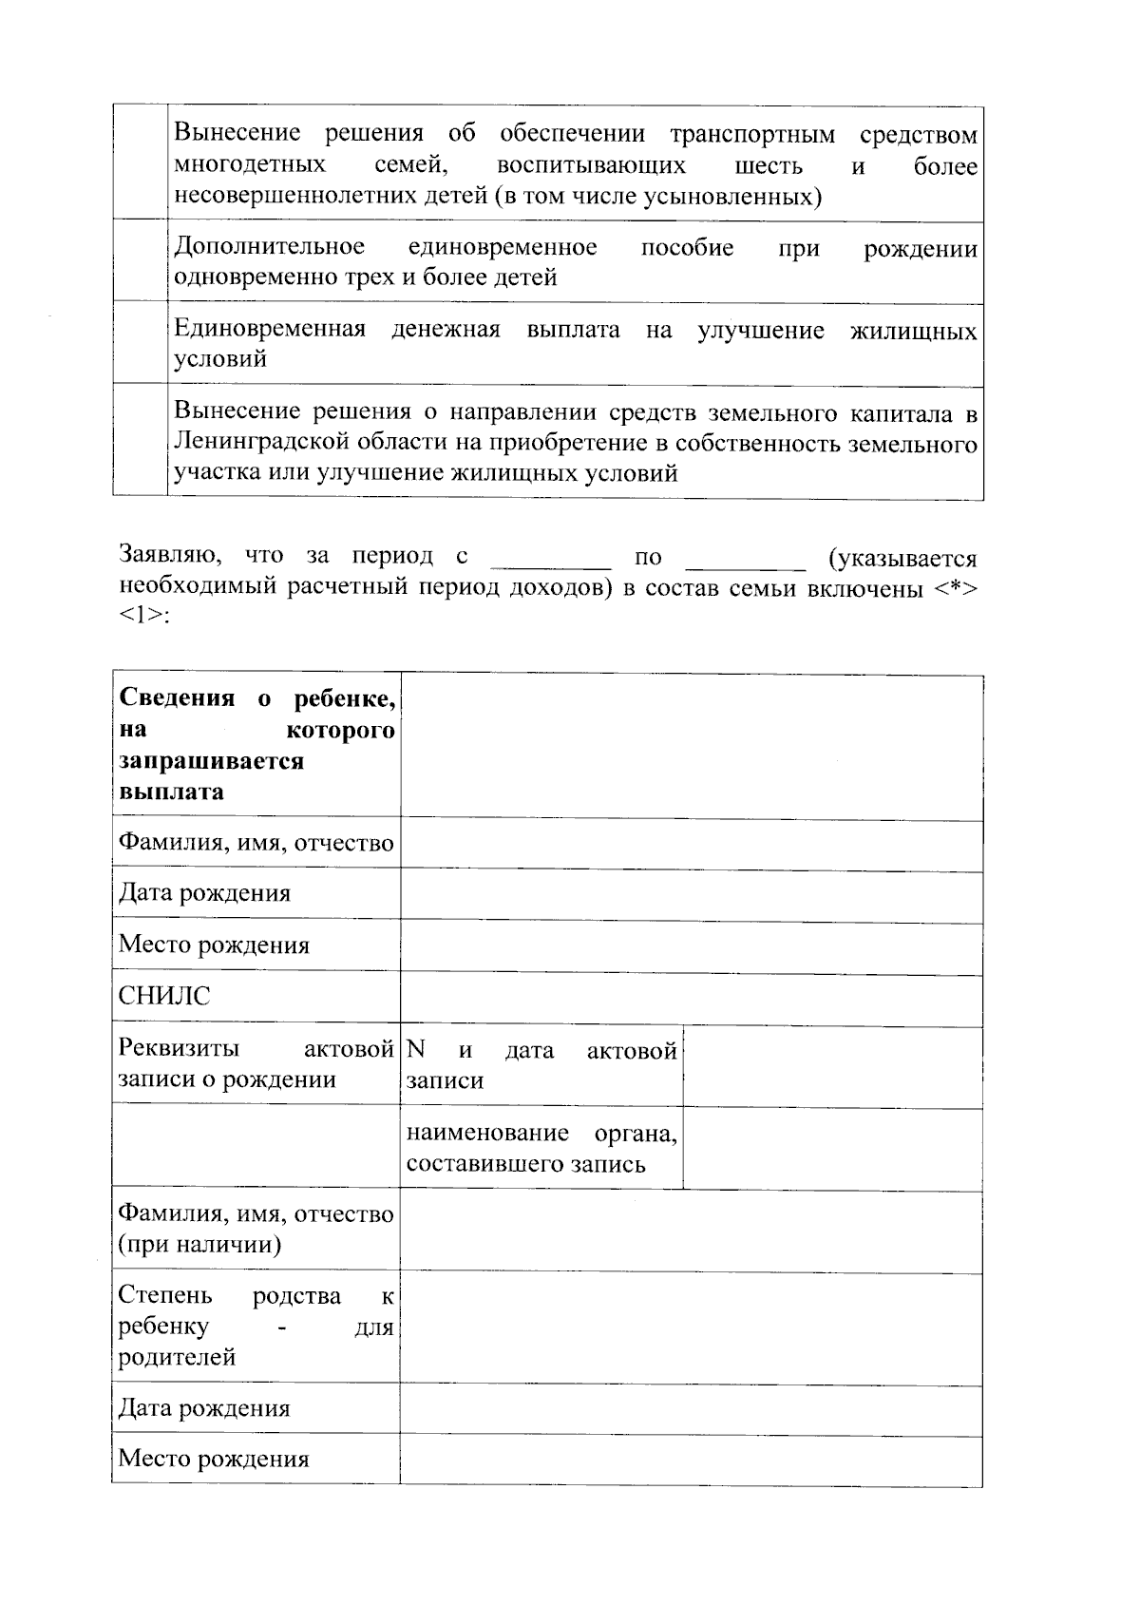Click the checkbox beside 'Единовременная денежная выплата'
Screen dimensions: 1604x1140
tap(140, 344)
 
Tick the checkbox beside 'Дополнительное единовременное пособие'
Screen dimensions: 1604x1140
tap(140, 262)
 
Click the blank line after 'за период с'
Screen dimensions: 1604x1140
tap(551, 557)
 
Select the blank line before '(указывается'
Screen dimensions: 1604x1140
tap(745, 557)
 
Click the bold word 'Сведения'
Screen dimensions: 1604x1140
tap(177, 698)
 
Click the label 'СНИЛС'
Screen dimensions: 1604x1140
tap(163, 997)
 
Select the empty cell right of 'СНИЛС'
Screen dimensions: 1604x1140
tap(691, 1000)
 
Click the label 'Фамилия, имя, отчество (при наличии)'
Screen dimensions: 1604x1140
tap(256, 1230)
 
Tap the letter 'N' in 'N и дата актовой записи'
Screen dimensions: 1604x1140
tap(415, 1050)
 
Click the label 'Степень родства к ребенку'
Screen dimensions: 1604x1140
tap(256, 1326)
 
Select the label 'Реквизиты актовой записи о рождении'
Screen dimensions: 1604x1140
tap(256, 1064)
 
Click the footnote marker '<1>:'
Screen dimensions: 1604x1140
tap(143, 616)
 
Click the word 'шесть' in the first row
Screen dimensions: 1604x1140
tap(769, 166)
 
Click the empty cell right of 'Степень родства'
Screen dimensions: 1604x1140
tap(691, 1327)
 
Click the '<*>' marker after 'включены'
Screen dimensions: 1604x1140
tap(953, 588)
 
